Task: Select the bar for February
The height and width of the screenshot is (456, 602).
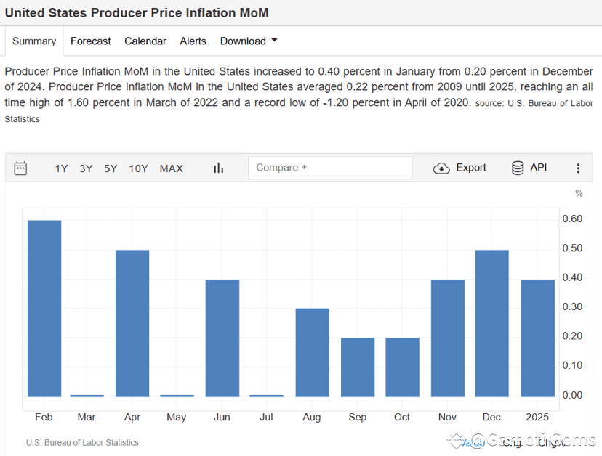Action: pyautogui.click(x=44, y=309)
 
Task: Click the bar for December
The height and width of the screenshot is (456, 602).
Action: pyautogui.click(x=491, y=323)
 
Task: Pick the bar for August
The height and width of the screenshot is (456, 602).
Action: pyautogui.click(x=312, y=353)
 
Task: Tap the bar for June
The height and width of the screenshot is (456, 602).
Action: pyautogui.click(x=222, y=338)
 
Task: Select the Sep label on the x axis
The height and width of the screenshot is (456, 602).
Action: pyautogui.click(x=357, y=418)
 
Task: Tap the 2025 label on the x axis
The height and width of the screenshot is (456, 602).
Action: pyautogui.click(x=537, y=418)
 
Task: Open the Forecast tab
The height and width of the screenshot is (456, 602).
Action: pyautogui.click(x=90, y=41)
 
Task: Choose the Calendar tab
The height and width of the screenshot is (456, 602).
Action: pyautogui.click(x=145, y=41)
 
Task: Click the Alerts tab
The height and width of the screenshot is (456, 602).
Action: pyautogui.click(x=193, y=41)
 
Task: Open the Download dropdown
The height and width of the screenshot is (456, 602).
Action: pyautogui.click(x=249, y=41)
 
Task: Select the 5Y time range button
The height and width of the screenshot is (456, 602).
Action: pyautogui.click(x=111, y=168)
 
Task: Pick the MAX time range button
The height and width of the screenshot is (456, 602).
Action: pyautogui.click(x=171, y=168)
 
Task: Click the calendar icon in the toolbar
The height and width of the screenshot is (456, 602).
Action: pyautogui.click(x=20, y=168)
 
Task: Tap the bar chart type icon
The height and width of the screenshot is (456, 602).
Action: pyautogui.click(x=218, y=168)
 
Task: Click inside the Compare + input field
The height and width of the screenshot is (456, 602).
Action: pyautogui.click(x=330, y=168)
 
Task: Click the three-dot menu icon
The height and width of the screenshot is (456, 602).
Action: pyautogui.click(x=578, y=168)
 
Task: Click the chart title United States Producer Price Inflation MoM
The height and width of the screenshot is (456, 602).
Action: pyautogui.click(x=137, y=13)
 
